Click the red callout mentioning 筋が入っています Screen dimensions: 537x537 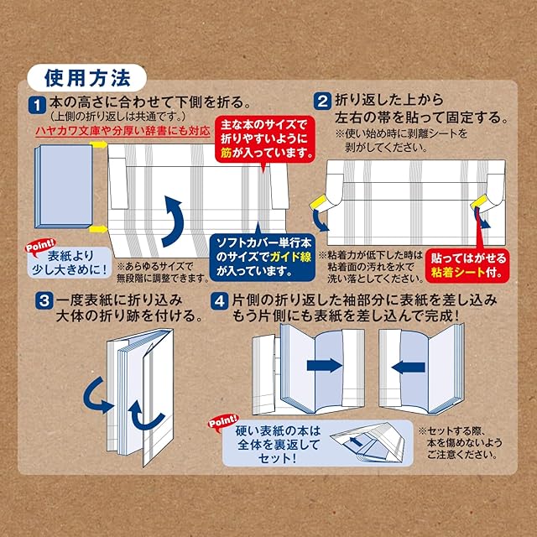pos(264,139)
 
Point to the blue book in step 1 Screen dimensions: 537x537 pos(61,186)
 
